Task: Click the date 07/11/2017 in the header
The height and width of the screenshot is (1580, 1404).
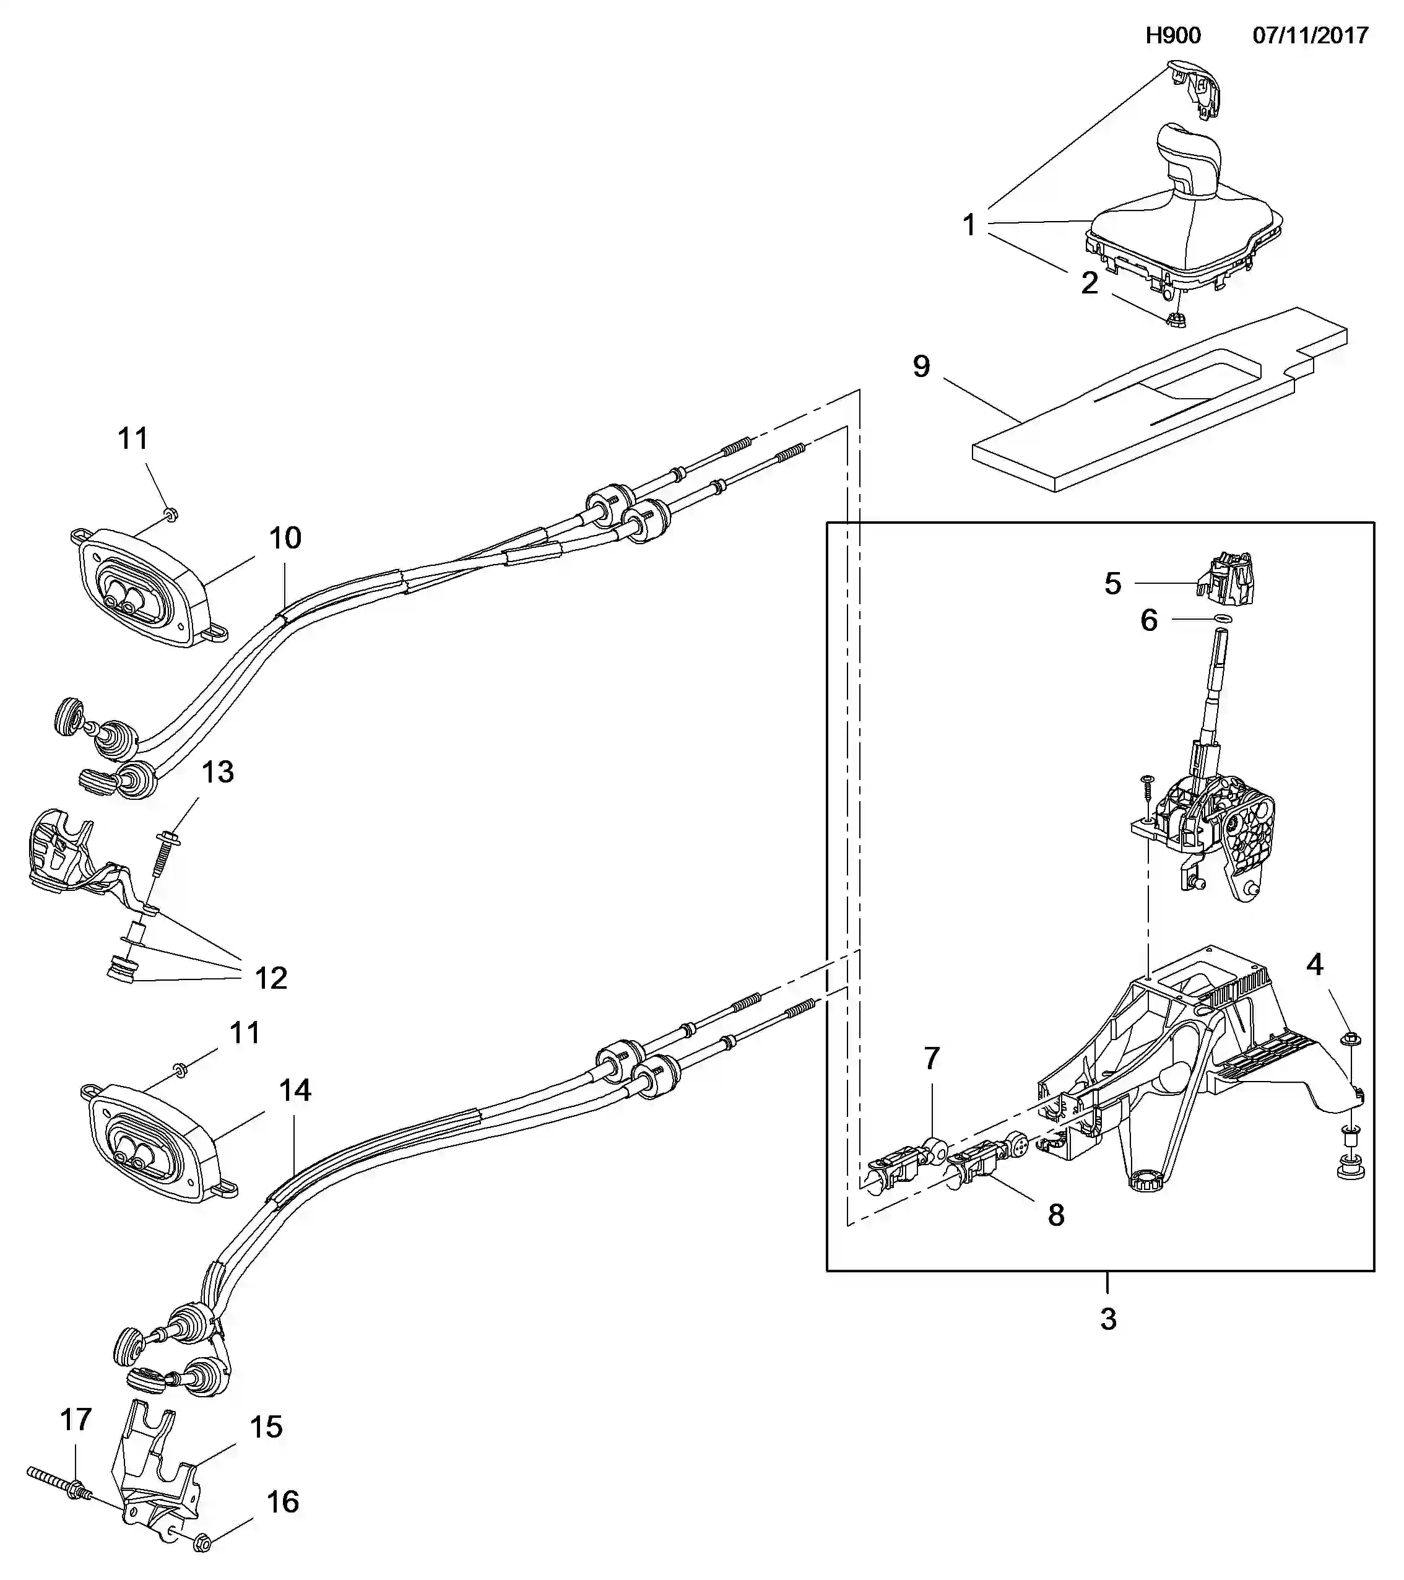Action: click(1311, 35)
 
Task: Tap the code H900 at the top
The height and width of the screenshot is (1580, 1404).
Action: click(1172, 35)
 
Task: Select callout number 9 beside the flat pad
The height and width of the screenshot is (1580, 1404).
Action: click(921, 367)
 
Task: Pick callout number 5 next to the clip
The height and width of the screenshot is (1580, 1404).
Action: click(1112, 584)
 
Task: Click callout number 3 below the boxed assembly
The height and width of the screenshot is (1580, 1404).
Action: click(1108, 1319)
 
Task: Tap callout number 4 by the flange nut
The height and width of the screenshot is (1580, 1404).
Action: click(1314, 965)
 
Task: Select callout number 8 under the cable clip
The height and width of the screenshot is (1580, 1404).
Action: click(1055, 1215)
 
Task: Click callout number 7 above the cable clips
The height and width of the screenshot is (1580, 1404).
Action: click(932, 1058)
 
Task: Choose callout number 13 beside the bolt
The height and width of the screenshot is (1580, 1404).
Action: click(218, 772)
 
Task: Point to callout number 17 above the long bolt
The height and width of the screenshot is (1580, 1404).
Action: click(76, 1419)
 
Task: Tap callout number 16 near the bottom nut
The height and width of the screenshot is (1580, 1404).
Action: click(282, 1502)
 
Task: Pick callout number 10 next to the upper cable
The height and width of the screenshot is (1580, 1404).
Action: click(284, 538)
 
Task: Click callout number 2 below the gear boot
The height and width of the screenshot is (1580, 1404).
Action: click(1089, 284)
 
